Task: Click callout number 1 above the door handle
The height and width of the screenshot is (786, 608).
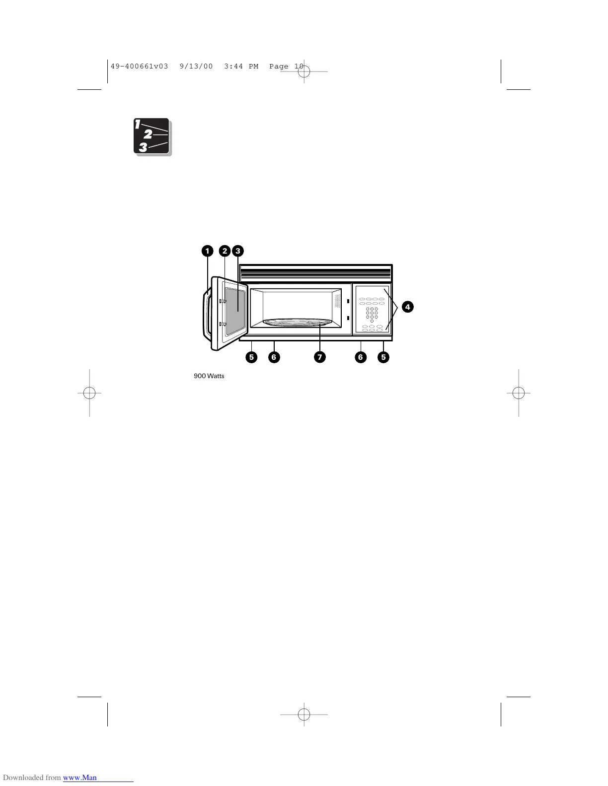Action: tap(207, 251)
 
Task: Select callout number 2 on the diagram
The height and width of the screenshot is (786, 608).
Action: tap(225, 251)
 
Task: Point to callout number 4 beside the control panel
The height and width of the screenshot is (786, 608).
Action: tap(407, 307)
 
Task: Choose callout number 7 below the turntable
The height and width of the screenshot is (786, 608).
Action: tap(320, 357)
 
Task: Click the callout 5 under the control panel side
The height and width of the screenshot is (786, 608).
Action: tap(383, 357)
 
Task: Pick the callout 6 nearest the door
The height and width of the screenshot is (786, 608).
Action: tap(273, 357)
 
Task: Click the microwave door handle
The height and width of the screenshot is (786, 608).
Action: tap(205, 315)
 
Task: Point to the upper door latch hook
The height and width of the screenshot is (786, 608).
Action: tap(223, 301)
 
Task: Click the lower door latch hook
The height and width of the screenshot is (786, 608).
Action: tap(223, 325)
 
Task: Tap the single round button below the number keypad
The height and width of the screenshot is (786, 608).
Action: tap(372, 321)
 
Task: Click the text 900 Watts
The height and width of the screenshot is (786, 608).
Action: tap(209, 376)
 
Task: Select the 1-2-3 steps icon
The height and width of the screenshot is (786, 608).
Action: tap(152, 136)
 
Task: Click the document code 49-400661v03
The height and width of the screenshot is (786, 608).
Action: tap(140, 66)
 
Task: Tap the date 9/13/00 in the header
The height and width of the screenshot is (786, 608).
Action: tap(197, 66)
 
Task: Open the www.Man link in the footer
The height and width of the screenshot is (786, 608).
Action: tap(80, 778)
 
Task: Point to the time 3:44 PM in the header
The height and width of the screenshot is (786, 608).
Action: tap(241, 66)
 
